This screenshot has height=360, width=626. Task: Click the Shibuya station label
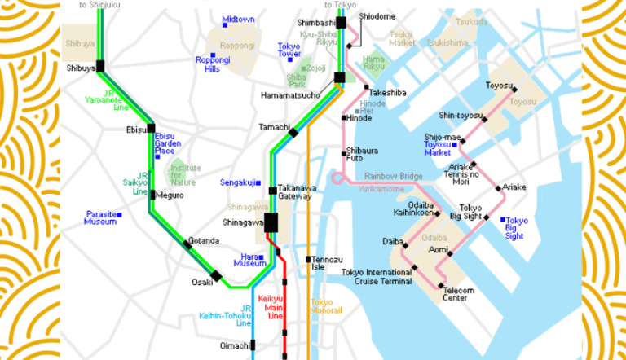tap(81, 68)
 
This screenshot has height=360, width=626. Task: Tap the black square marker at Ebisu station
tap(151, 128)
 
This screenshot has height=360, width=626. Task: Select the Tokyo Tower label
tap(290, 50)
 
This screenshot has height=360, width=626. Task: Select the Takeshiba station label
tap(388, 94)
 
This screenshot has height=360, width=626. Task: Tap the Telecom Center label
tap(459, 295)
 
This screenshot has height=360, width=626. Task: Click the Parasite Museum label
tap(100, 218)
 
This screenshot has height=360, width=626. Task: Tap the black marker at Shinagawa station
tap(271, 222)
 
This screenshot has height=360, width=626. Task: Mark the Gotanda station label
tap(204, 240)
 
